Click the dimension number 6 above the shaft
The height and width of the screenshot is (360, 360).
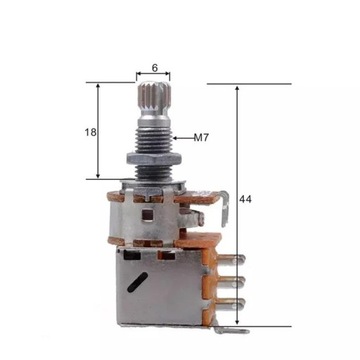(154, 68)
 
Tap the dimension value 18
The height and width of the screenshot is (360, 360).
(90, 131)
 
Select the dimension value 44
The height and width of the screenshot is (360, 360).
(246, 200)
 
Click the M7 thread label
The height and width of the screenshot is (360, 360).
(201, 137)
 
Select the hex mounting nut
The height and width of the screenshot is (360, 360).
(152, 161)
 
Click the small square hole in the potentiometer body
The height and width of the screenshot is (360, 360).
(148, 211)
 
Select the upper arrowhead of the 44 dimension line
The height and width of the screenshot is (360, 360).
(237, 89)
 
